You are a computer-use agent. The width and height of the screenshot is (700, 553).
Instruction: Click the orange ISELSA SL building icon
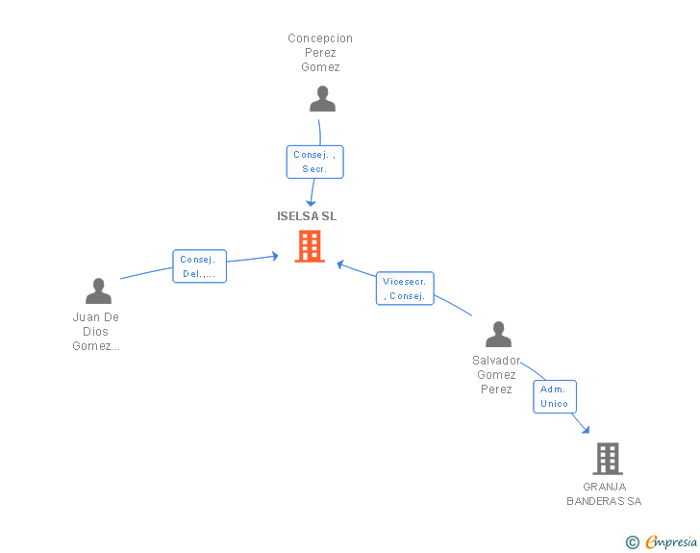310,246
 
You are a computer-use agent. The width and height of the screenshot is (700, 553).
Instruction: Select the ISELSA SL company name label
307,216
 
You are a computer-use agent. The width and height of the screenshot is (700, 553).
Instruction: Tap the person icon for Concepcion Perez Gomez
322,99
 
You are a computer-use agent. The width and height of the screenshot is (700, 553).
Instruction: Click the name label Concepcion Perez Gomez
320,53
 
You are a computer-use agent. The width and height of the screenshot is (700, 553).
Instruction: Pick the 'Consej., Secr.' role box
314,162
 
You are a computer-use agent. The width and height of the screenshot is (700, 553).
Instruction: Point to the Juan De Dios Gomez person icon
98,291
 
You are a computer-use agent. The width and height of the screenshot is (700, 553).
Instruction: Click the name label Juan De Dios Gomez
96,332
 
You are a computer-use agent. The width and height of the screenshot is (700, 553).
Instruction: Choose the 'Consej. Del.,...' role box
200,266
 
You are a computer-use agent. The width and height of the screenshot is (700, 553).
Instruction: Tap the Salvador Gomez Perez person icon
498,335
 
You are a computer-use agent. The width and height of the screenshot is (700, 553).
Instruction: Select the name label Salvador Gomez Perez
496,375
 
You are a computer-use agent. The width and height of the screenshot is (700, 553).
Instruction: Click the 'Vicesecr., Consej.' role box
405,289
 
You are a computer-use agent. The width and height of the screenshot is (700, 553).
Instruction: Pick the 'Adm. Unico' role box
555,396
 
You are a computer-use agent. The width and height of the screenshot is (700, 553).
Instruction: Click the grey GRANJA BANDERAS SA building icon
608,459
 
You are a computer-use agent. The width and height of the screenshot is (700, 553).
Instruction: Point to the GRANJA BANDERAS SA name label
604,494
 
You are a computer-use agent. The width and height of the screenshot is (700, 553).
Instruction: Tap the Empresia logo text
670,541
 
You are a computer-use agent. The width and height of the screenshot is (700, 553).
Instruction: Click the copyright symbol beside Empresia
632,542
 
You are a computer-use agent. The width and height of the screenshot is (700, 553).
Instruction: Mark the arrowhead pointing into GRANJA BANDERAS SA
585,429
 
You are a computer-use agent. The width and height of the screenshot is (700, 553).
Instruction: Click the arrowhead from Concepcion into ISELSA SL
311,201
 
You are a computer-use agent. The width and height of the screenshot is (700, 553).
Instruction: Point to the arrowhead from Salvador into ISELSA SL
340,263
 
